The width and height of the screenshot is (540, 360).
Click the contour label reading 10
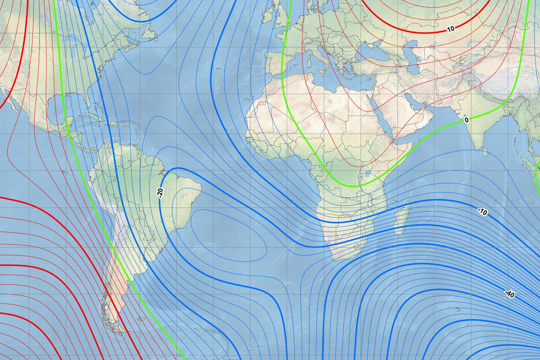click(451, 29)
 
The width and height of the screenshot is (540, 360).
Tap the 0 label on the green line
click(466, 120)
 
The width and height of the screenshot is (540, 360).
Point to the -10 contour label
click(482, 212)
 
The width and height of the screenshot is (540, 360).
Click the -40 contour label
click(510, 294)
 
